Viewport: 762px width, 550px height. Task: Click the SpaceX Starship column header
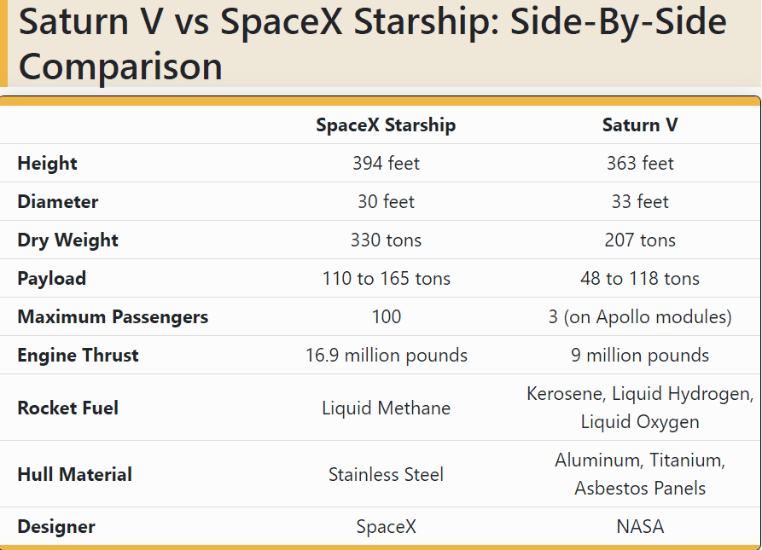(x=386, y=125)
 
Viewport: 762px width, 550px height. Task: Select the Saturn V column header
(x=640, y=125)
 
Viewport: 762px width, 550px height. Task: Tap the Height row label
(x=47, y=164)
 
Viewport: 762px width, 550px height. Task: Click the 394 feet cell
(x=386, y=164)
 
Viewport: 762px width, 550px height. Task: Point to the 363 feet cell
(x=640, y=164)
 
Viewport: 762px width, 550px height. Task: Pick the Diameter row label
(x=58, y=202)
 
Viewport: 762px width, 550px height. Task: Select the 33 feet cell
(x=640, y=202)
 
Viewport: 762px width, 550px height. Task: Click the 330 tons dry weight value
(x=386, y=240)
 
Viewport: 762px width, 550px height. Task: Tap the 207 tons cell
(x=640, y=240)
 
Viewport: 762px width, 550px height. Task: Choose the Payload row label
(x=52, y=279)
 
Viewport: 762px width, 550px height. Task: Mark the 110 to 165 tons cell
(x=386, y=279)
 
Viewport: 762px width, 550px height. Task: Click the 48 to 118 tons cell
(x=640, y=279)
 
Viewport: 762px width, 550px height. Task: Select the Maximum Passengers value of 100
(x=386, y=317)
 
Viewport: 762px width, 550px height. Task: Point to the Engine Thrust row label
(x=78, y=356)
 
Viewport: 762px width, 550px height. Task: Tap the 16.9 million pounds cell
(x=386, y=356)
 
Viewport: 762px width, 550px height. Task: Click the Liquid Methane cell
(x=386, y=408)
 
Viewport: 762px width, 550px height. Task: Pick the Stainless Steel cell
(x=386, y=475)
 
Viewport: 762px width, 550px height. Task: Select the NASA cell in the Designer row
(x=640, y=527)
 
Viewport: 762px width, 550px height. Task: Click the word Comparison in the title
(x=120, y=66)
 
